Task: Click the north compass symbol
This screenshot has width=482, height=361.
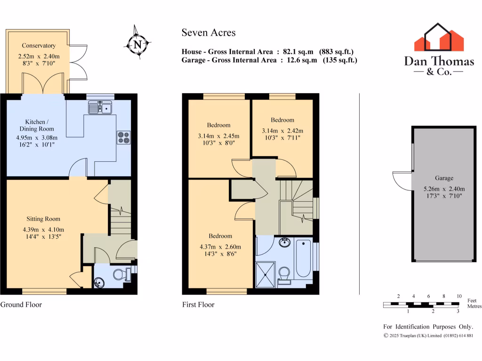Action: coord(137,45)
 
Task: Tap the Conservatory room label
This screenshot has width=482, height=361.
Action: coord(39,46)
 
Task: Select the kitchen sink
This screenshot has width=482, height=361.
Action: coord(100,109)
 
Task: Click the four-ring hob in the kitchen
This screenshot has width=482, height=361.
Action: coord(123,137)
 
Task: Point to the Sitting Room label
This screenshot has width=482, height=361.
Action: coord(43,219)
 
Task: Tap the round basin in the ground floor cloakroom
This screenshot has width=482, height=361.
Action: coord(99,283)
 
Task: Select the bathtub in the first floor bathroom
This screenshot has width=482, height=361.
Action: coord(304,259)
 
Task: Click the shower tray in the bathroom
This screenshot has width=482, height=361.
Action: coord(264,275)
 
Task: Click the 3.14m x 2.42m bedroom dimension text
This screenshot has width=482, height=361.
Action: coord(282,131)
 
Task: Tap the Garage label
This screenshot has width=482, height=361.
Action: coord(444,178)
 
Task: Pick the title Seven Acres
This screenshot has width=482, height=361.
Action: coord(208,32)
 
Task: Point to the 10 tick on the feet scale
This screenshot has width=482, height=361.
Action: coord(459,296)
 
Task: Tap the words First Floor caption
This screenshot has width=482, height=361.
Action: coord(198,305)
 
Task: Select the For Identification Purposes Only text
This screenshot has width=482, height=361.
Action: coord(428,326)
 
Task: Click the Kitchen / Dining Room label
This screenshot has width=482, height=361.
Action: coord(36,126)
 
